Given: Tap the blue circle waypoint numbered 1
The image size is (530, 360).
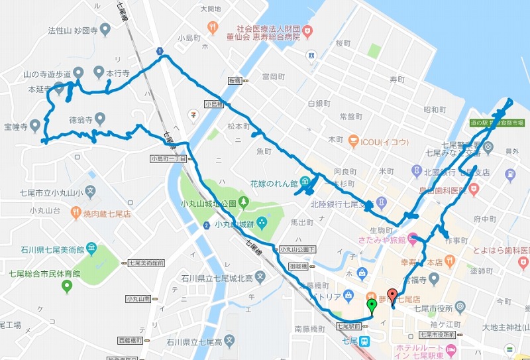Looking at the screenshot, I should click(160, 51).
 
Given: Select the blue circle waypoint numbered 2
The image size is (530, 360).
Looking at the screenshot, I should click(207, 226).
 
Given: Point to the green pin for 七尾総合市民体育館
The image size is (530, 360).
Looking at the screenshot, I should click(66, 286).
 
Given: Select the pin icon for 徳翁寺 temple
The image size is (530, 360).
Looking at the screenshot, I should click(100, 119).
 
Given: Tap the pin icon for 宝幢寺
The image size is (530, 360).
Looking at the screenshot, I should click(34, 125).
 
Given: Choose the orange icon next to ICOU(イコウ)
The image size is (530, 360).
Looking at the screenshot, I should click(354, 142).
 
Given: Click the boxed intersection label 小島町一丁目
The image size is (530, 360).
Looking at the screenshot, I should click(168, 158).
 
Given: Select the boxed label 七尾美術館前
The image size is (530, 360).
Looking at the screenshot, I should click(146, 263).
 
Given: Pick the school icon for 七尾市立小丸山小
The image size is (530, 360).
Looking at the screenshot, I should click(91, 193).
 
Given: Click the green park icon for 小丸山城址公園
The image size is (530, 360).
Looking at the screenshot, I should click(244, 202).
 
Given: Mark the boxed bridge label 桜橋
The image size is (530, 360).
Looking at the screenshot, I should click(237, 80).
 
